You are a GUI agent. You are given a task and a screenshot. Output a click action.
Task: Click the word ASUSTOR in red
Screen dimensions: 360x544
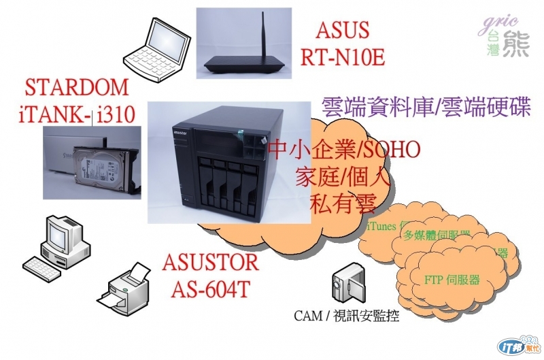[211, 263]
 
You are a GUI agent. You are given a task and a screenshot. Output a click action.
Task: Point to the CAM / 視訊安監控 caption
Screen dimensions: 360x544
[346, 316]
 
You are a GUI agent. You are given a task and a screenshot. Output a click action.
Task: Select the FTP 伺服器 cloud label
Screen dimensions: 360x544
[452, 280]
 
